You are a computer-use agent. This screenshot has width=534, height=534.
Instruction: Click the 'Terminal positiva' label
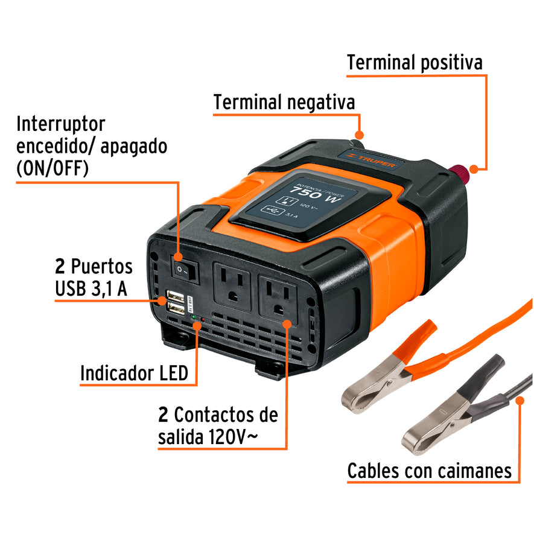[415, 63]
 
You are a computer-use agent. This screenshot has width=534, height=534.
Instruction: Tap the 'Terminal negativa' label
[284, 102]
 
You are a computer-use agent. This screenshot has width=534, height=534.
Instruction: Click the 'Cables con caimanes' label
[429, 470]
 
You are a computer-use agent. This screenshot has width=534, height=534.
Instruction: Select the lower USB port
[177, 310]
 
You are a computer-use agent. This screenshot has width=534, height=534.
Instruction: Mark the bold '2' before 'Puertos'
[60, 266]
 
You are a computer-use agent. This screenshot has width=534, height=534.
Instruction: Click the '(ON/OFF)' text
[52, 168]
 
